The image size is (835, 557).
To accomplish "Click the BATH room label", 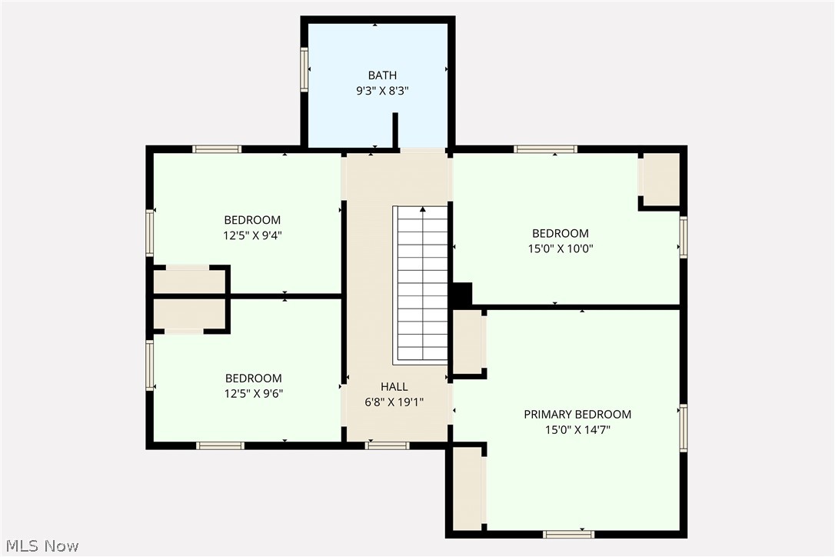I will coord(382,75).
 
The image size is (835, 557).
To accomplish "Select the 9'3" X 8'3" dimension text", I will coord(382,90).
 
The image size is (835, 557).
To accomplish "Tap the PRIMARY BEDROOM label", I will coord(577,415).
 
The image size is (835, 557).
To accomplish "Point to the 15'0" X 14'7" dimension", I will coord(577,429).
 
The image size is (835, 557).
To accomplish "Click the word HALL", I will coord(394,387).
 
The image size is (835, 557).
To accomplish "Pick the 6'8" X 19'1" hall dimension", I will coord(394,402).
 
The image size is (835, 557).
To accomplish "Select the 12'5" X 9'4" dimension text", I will coord(252,235).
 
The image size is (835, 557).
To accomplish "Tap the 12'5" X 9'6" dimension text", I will coord(253,393).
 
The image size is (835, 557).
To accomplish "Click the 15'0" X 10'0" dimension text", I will coord(561,248).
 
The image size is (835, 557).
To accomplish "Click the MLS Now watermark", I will coord(40,546).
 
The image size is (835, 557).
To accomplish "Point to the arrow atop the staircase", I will coord(422,209).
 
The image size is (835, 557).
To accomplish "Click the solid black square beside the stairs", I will coord(461,294).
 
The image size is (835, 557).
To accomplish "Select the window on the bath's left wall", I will coord(304,70).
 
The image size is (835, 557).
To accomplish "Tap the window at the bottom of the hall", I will coord(388,445).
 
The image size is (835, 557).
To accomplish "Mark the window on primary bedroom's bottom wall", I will coord(568,533).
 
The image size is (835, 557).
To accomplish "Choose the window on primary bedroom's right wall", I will coord(683,428).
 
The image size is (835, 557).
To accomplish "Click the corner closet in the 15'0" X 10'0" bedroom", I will coord(660,179).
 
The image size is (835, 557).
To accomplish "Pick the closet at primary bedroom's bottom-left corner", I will coord(467,488).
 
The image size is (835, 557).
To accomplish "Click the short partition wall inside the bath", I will coord(396,129).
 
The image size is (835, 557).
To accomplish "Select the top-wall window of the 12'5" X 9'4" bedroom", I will coord(217,149).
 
